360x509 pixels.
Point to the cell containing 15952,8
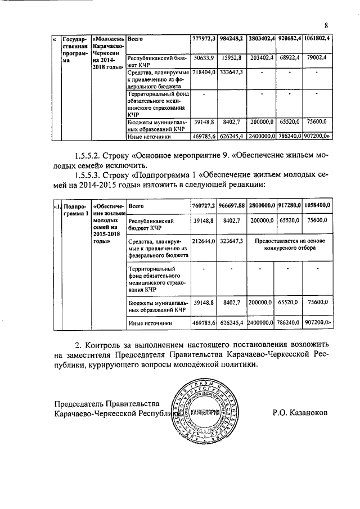click(232, 57)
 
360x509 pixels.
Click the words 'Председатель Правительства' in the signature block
click(107, 403)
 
